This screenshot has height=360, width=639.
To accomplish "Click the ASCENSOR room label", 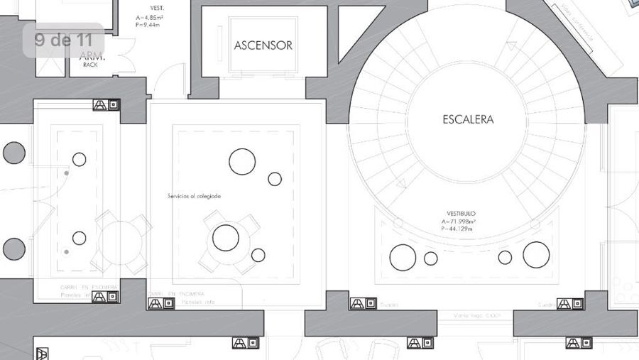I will tap(263, 45).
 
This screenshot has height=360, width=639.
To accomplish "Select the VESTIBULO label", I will tap(461, 213).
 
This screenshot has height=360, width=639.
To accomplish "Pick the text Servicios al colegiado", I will tap(195, 196).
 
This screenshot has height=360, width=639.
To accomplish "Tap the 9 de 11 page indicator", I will tap(62, 40).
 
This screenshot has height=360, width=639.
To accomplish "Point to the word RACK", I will tap(90, 65).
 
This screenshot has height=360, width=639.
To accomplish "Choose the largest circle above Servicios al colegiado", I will tap(242, 161).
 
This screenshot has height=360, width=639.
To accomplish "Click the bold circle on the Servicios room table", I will tap(226, 237).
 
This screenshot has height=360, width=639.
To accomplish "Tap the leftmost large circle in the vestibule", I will tap(403, 257).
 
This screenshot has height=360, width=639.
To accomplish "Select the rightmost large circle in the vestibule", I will tap(536, 255).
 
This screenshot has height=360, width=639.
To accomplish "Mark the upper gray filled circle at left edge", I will tap(13, 153).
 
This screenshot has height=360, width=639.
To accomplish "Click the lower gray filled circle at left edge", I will tap(13, 249).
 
